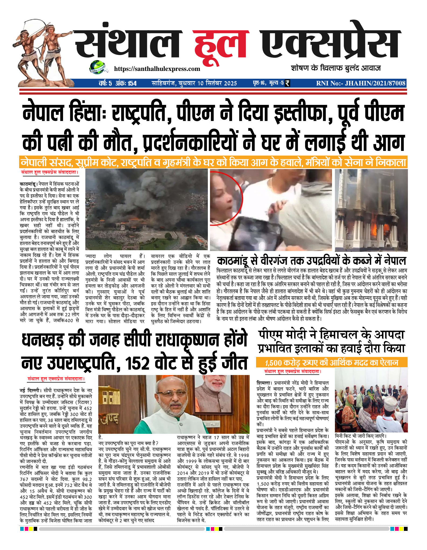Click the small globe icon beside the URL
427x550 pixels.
(x=97, y=67)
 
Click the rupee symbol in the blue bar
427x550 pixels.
(x=287, y=83)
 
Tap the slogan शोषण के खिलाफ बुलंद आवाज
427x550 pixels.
(x=336, y=68)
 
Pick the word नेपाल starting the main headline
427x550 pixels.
(x=43, y=114)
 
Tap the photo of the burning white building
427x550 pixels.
(x=371, y=210)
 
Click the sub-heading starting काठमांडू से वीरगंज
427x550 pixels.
(x=311, y=261)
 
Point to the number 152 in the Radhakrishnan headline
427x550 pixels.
(x=137, y=363)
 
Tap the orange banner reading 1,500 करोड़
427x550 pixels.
(x=331, y=363)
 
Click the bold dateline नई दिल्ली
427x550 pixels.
(x=30, y=390)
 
